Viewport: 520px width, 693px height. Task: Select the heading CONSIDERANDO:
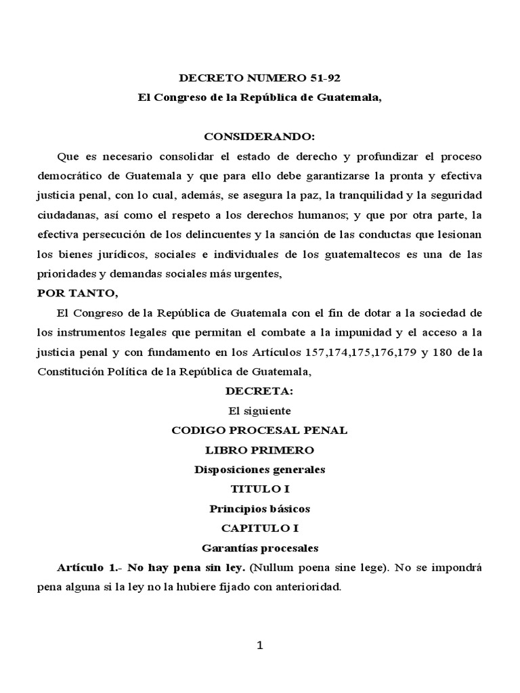[260, 136]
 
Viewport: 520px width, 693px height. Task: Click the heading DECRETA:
[260, 390]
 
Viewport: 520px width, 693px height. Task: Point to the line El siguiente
[260, 410]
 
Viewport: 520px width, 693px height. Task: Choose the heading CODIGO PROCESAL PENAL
[260, 430]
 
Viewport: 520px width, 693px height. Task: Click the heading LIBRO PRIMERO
[260, 449]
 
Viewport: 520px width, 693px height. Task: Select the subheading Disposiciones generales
[260, 469]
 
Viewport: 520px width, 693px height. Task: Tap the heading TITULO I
[260, 489]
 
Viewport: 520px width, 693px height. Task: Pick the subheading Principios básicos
[260, 508]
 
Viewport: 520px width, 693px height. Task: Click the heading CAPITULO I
[260, 528]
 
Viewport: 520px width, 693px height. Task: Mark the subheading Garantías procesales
[260, 547]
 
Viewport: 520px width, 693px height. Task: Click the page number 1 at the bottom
[259, 645]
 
